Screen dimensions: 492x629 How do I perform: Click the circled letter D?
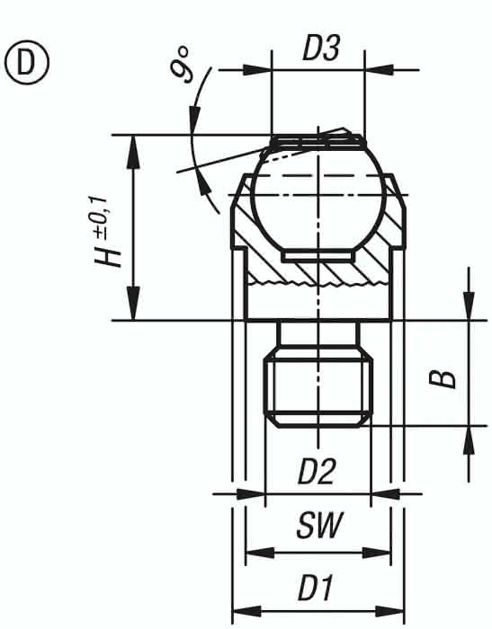click(27, 64)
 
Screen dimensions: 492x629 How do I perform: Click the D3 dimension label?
click(321, 49)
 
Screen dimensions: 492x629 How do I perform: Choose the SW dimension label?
click(319, 525)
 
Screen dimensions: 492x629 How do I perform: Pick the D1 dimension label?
click(316, 588)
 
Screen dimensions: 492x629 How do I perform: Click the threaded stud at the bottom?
click(318, 387)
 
